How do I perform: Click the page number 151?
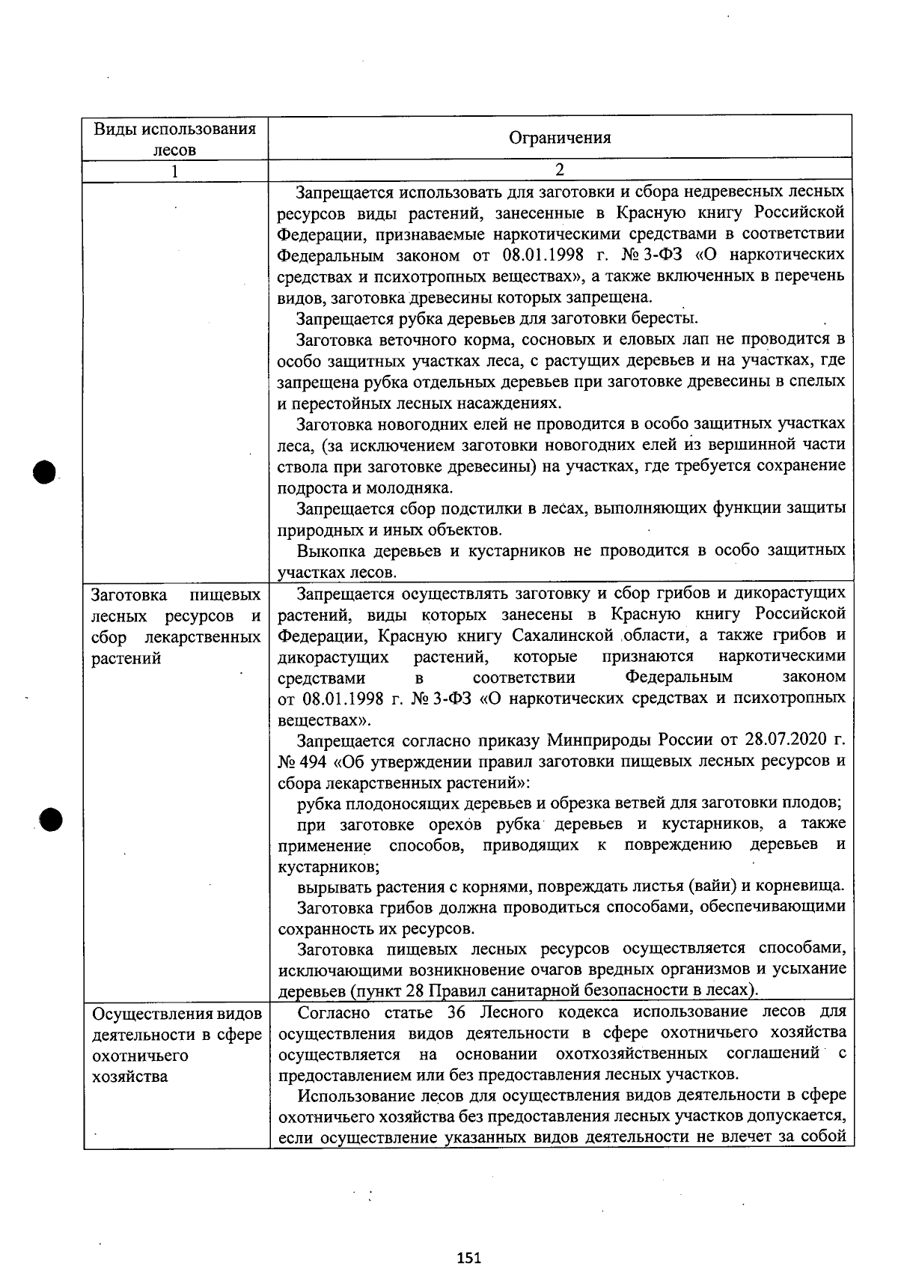pyautogui.click(x=468, y=1258)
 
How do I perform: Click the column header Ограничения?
pyautogui.click(x=560, y=138)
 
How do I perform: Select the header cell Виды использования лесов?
pyautogui.click(x=175, y=139)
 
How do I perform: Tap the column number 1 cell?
pyautogui.click(x=175, y=170)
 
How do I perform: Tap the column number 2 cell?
pyautogui.click(x=560, y=170)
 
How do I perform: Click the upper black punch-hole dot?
pyautogui.click(x=45, y=472)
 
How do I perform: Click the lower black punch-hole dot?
pyautogui.click(x=51, y=820)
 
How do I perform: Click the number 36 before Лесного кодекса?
pyautogui.click(x=456, y=1012)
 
